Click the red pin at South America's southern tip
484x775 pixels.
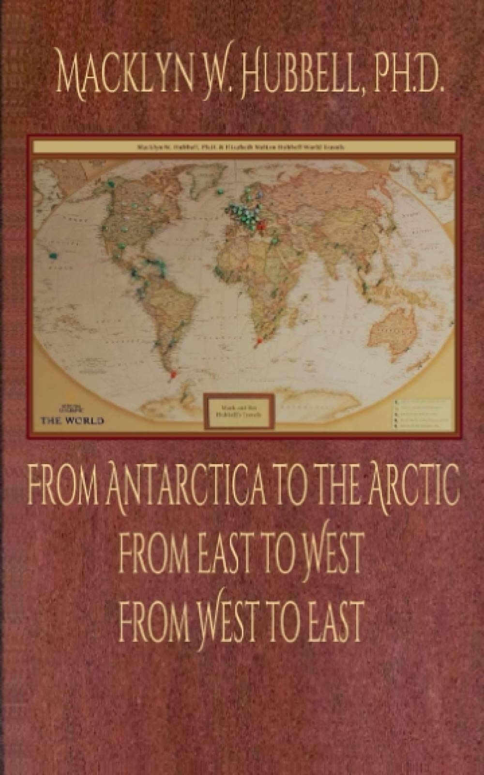173,373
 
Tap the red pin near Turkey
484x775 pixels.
262,224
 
